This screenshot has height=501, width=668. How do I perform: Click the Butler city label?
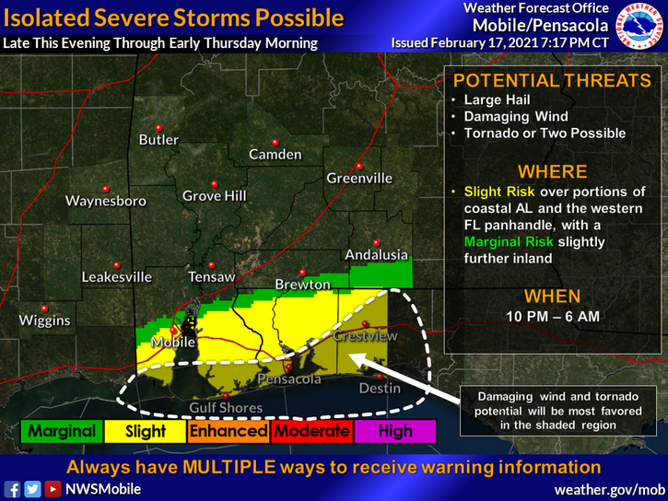[158, 140]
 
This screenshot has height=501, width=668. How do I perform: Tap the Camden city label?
[275, 154]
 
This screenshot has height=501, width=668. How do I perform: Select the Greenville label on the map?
[359, 178]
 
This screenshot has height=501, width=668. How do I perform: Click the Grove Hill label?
[214, 195]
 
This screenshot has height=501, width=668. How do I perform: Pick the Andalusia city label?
[375, 254]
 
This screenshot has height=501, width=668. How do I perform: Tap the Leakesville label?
[117, 276]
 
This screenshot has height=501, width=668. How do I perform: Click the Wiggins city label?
[45, 320]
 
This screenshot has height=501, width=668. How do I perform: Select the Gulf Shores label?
[226, 408]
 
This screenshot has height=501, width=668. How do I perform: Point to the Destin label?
[380, 388]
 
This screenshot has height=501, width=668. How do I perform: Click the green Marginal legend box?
[62, 431]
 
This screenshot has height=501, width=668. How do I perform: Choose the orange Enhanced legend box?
[229, 431]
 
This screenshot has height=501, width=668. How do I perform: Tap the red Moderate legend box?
[311, 431]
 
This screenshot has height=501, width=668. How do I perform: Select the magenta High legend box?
[394, 431]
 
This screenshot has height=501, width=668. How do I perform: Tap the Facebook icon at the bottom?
[13, 489]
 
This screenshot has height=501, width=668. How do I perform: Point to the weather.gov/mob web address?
[609, 489]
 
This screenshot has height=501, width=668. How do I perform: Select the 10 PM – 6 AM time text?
[552, 316]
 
